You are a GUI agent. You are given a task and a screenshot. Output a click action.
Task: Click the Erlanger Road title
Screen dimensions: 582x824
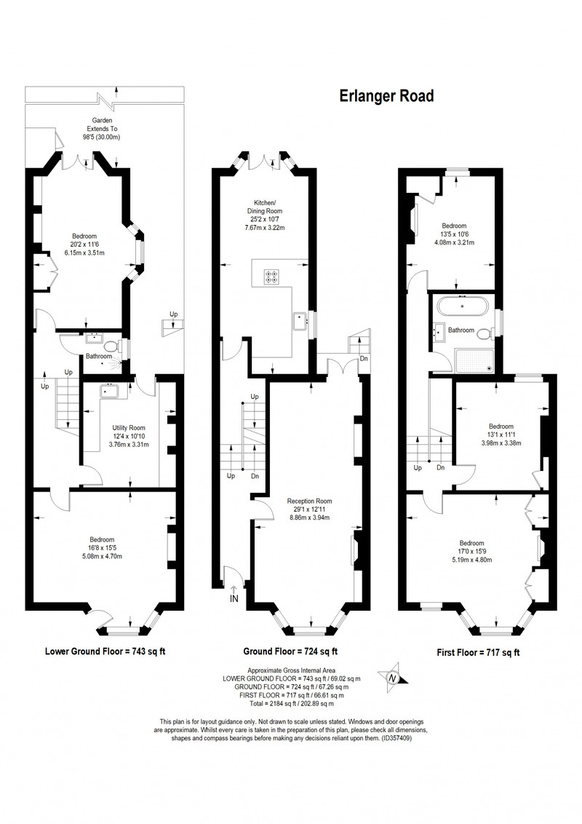(x=386, y=96)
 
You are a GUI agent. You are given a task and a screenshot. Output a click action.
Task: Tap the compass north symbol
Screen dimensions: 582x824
(x=392, y=678)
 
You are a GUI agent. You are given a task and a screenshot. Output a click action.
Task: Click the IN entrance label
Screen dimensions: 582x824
(x=234, y=598)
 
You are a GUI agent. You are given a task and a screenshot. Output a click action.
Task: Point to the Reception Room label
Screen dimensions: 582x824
(x=309, y=510)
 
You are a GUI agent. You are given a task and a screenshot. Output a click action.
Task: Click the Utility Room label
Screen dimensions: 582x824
(x=129, y=435)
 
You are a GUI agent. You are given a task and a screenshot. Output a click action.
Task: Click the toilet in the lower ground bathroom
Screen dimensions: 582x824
(x=111, y=346)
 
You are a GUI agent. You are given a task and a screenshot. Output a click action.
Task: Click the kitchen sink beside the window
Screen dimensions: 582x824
(x=300, y=320)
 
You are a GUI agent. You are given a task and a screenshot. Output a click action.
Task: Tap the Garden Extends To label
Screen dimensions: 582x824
(x=102, y=129)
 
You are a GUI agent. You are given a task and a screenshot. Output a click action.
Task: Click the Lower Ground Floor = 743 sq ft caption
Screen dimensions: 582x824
(x=105, y=651)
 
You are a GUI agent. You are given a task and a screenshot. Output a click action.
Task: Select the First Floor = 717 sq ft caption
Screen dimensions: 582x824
(x=478, y=653)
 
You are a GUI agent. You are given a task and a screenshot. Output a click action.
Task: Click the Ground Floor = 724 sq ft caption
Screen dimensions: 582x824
(x=290, y=651)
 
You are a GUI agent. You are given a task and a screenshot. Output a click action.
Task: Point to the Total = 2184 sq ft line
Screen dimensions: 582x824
(x=292, y=703)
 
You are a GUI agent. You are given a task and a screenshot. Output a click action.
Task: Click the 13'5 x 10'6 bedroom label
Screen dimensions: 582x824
(x=454, y=234)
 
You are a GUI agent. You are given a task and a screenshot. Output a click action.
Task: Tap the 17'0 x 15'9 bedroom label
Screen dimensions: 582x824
(x=471, y=551)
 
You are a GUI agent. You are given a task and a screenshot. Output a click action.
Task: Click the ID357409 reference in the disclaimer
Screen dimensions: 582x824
(x=396, y=738)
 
